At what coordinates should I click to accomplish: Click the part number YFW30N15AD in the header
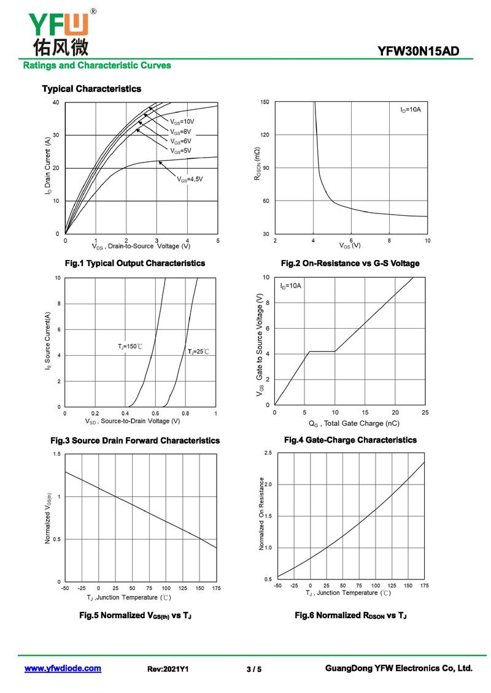[x=419, y=52]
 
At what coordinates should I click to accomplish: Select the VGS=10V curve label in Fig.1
[x=182, y=121]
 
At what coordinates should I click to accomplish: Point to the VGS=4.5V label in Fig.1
[x=190, y=179]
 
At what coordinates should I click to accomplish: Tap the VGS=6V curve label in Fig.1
[x=180, y=141]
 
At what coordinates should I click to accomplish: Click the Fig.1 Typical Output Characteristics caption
[x=135, y=263]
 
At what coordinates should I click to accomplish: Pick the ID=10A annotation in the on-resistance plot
[x=411, y=109]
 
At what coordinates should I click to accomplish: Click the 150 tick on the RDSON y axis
[x=265, y=102]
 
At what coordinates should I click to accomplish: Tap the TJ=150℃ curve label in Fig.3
[x=130, y=347]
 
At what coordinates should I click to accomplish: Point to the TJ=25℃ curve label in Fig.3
[x=198, y=351]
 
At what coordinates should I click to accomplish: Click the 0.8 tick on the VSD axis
[x=185, y=414]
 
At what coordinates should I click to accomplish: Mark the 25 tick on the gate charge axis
[x=425, y=412]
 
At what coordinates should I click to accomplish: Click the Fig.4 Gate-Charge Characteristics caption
[x=350, y=440]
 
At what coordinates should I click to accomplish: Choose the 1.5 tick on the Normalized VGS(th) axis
[x=57, y=454]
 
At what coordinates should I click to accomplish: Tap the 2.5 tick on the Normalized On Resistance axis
[x=268, y=453]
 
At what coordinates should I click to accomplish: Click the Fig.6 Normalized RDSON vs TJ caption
[x=350, y=615]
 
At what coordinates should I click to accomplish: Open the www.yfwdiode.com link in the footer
[x=63, y=668]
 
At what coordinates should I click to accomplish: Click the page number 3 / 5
[x=253, y=669]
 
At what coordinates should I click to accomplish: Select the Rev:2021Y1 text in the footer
[x=168, y=669]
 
